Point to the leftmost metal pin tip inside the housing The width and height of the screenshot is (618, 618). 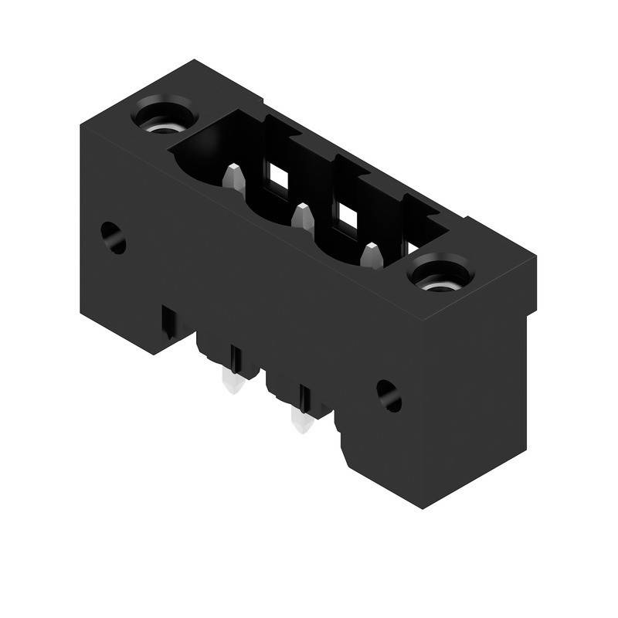click(x=234, y=178)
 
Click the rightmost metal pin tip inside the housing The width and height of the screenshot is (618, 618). click(x=372, y=255)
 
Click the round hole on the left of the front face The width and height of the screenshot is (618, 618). click(x=114, y=238)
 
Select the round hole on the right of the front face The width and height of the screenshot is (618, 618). click(x=389, y=396)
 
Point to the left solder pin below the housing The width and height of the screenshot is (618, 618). click(x=233, y=384)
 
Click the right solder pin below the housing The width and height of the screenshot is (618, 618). click(x=300, y=421)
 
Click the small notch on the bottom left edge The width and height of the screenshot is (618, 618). click(x=167, y=322)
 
